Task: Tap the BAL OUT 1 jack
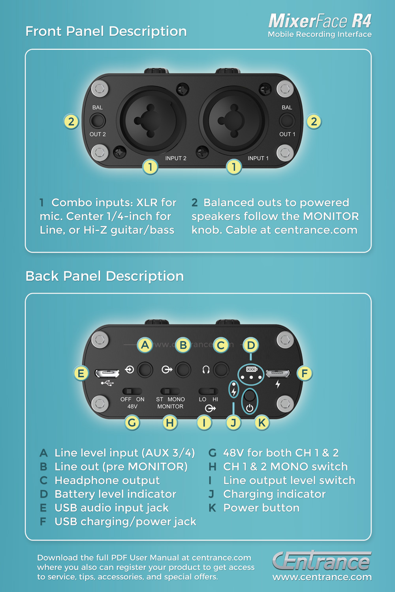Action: pyautogui.click(x=287, y=121)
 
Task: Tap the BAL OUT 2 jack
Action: pyautogui.click(x=98, y=121)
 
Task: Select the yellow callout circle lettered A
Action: pyautogui.click(x=145, y=345)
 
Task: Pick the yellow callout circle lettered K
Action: pyautogui.click(x=261, y=423)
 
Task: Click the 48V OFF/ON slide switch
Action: pyautogui.click(x=132, y=391)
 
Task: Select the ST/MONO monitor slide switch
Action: pyautogui.click(x=170, y=391)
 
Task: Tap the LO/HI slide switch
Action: pyautogui.click(x=208, y=391)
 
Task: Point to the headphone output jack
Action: pyautogui.click(x=221, y=370)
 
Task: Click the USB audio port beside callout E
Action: pyautogui.click(x=107, y=373)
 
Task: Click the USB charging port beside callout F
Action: pyautogui.click(x=278, y=373)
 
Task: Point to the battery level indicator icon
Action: pyautogui.click(x=252, y=369)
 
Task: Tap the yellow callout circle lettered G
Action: pyautogui.click(x=132, y=423)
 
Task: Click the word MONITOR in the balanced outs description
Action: pyautogui.click(x=331, y=216)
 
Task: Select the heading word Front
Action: pyautogui.click(x=43, y=31)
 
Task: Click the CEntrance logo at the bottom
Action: pyautogui.click(x=322, y=561)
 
